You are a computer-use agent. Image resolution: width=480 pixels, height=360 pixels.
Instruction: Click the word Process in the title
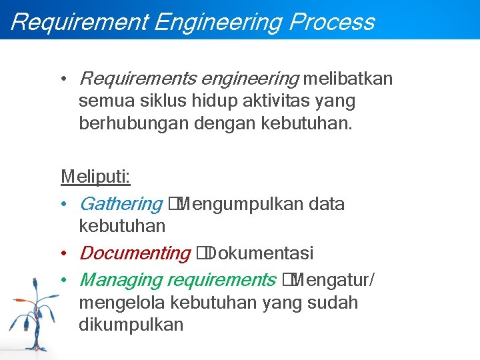click(331, 22)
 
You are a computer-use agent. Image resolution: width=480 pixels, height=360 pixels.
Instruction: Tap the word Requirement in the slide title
click(78, 22)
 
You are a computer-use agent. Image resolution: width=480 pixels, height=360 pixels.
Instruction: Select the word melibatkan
click(348, 79)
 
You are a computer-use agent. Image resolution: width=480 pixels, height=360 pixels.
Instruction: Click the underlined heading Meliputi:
click(95, 177)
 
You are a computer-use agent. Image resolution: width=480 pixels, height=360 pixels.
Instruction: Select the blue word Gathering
click(120, 204)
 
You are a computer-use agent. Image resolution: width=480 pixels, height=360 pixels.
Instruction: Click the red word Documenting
click(135, 253)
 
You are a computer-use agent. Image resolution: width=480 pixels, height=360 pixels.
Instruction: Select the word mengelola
click(123, 303)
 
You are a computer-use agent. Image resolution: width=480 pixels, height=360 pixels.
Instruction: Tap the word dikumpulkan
click(131, 325)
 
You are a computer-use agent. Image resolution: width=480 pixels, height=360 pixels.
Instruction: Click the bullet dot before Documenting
click(64, 254)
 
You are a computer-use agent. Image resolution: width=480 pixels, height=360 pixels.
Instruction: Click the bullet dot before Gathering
click(64, 205)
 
